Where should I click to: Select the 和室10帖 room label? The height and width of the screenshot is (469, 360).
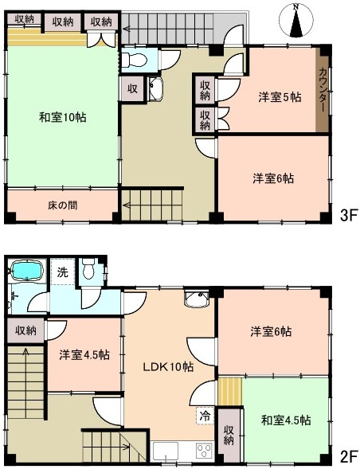pyautogui.click(x=63, y=117)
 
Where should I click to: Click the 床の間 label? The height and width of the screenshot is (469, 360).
pyautogui.click(x=61, y=205)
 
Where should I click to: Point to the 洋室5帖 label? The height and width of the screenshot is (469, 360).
pyautogui.click(x=279, y=97)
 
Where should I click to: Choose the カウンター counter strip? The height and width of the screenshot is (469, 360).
pyautogui.click(x=323, y=89)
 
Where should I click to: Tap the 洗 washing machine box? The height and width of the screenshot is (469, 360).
pyautogui.click(x=61, y=272)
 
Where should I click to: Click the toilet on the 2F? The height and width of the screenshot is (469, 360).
pyautogui.click(x=89, y=270)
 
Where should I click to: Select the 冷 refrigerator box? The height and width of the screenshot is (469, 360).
pyautogui.click(x=205, y=414)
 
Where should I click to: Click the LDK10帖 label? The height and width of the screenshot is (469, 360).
pyautogui.click(x=168, y=367)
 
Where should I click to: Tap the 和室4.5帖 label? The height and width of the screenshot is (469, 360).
pyautogui.click(x=284, y=420)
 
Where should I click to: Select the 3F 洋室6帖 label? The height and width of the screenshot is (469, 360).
pyautogui.click(x=274, y=179)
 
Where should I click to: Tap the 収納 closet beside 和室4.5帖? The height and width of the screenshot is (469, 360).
pyautogui.click(x=228, y=436)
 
